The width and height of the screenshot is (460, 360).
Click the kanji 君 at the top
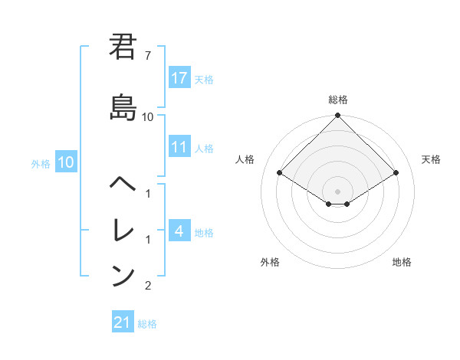click(122, 47)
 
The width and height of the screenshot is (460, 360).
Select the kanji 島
click(122, 106)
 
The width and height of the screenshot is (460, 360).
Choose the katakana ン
click(122, 275)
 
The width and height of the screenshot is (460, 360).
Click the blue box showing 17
click(179, 78)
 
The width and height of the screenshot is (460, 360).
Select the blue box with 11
click(179, 147)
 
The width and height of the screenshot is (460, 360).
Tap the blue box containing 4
click(179, 231)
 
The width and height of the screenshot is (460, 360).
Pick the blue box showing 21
click(123, 322)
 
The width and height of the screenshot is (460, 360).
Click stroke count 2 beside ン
click(148, 286)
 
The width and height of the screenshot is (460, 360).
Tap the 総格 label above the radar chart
click(337, 100)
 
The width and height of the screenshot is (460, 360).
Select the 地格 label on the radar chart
click(401, 262)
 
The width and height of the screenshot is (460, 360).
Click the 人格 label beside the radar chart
click(245, 159)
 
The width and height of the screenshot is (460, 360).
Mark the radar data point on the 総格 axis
click(337, 116)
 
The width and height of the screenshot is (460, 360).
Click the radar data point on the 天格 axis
click(396, 173)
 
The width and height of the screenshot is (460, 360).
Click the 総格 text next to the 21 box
click(147, 323)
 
